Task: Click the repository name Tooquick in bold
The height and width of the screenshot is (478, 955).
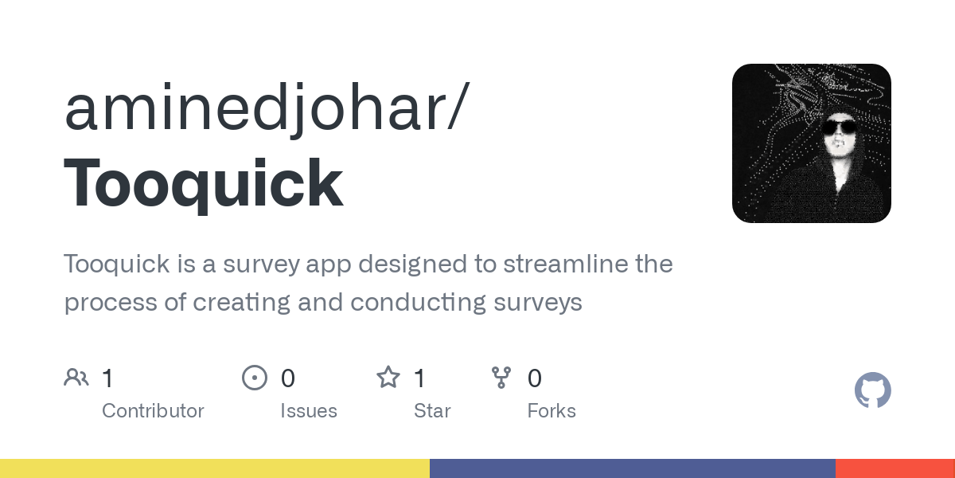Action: tap(204, 184)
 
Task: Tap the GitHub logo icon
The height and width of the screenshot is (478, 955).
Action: tap(873, 390)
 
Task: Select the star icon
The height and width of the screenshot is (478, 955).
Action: tap(388, 378)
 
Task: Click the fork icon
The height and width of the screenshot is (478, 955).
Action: tap(501, 378)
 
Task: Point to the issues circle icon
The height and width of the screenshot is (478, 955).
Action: tap(255, 378)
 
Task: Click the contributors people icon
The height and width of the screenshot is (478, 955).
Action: tap(76, 378)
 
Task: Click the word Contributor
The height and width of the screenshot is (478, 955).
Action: tap(153, 411)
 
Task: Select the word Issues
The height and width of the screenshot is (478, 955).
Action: tap(309, 411)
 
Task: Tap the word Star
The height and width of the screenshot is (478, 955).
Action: tap(432, 411)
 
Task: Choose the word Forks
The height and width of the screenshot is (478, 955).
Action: tap(552, 411)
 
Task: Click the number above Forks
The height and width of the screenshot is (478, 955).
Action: tap(535, 378)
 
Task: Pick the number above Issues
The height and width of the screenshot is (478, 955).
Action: tap(288, 378)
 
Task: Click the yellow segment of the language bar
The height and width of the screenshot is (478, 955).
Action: tap(215, 468)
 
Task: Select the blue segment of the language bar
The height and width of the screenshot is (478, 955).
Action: tap(633, 468)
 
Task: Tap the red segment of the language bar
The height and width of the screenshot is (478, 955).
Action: tap(895, 468)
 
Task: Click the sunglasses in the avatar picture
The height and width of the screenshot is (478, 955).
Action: tap(839, 127)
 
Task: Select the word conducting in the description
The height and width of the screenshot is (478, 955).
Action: tap(418, 303)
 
